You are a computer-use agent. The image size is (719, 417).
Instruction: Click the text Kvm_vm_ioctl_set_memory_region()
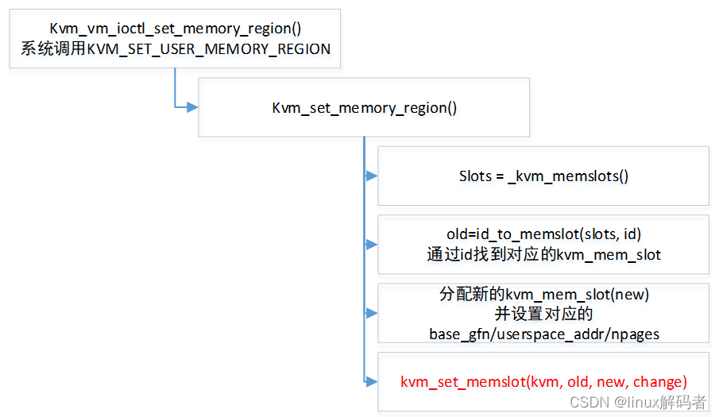pyautogui.click(x=174, y=29)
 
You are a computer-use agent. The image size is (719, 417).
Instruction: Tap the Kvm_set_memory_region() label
pyautogui.click(x=364, y=108)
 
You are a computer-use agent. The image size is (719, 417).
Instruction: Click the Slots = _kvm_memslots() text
pyautogui.click(x=543, y=176)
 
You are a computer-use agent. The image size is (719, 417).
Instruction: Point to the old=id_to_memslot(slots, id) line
pyautogui.click(x=543, y=234)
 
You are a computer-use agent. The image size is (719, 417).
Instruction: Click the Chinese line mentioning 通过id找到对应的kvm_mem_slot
pyautogui.click(x=543, y=255)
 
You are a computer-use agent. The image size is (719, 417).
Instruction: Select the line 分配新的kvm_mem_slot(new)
pyautogui.click(x=544, y=294)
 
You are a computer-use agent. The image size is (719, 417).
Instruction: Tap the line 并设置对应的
pyautogui.click(x=544, y=313)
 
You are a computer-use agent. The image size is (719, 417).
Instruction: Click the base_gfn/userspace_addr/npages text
pyautogui.click(x=544, y=334)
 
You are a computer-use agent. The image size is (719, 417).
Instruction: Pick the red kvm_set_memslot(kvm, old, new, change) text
pyautogui.click(x=543, y=382)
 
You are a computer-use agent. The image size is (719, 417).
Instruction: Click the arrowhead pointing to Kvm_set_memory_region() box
pyautogui.click(x=192, y=107)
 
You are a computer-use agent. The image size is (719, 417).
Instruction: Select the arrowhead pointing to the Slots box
pyautogui.click(x=371, y=176)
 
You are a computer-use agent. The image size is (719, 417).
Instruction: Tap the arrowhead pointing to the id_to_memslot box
pyautogui.click(x=371, y=244)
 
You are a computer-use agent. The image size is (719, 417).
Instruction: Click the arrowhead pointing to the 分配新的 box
pyautogui.click(x=371, y=313)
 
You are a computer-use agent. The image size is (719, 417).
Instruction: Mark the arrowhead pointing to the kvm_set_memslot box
pyautogui.click(x=371, y=382)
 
